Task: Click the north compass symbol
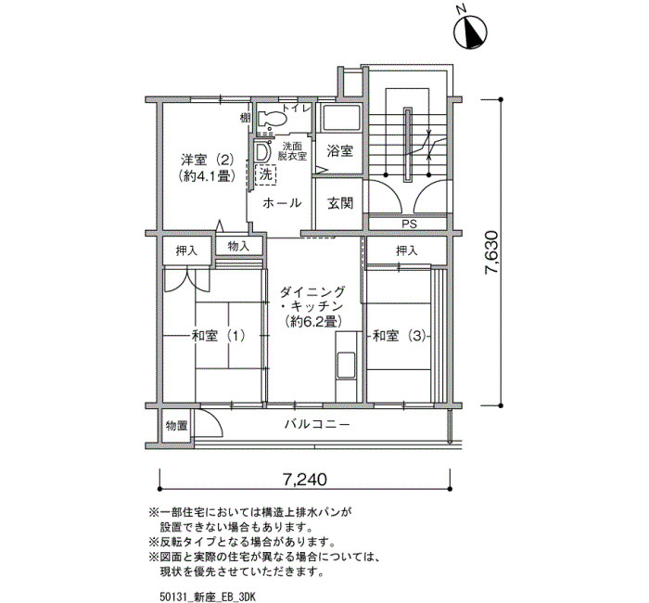point(471,32)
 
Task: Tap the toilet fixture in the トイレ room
point(272,120)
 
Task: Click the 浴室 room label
point(340,150)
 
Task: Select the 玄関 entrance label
point(340,203)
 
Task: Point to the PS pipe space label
point(409,225)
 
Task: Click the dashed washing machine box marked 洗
point(266,174)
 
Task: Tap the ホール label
point(282,203)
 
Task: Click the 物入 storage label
point(239,246)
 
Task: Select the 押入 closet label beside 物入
point(186,250)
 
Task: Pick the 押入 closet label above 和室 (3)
point(407,250)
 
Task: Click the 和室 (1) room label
point(218,336)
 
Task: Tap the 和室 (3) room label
point(400,336)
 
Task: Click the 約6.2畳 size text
point(312,321)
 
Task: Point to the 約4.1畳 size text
point(207,175)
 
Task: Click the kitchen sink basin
point(346,366)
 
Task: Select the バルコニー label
point(317,425)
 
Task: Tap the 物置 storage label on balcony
point(177,425)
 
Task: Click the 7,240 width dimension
point(305,480)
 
